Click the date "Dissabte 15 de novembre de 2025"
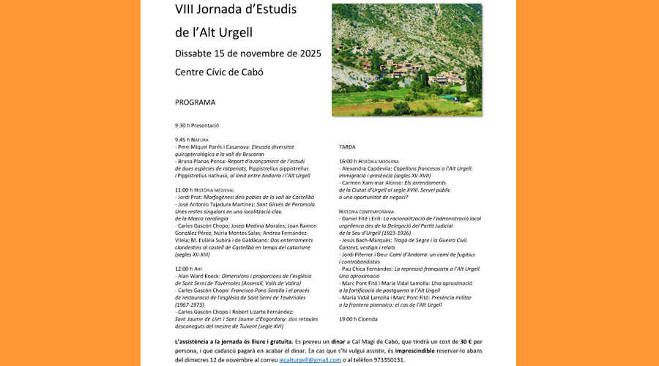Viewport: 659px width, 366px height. (247, 53)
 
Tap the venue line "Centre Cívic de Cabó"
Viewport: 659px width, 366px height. (219, 72)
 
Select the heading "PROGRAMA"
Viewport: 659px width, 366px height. (195, 102)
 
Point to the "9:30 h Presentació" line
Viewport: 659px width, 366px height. (197, 125)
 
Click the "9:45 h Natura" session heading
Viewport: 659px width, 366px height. (192, 139)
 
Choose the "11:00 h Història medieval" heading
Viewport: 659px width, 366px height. (204, 190)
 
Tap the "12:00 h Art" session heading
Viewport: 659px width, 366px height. (189, 269)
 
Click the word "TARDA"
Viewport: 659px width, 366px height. (347, 146)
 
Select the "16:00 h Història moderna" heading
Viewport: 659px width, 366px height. (368, 161)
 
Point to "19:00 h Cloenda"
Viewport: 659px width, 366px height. (358, 319)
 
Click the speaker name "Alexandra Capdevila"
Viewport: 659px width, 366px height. (366, 168)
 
